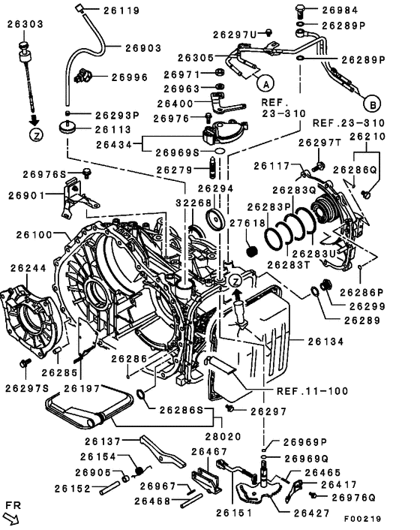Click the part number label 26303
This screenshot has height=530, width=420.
point(25,25)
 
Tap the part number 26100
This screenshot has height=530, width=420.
point(30,235)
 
